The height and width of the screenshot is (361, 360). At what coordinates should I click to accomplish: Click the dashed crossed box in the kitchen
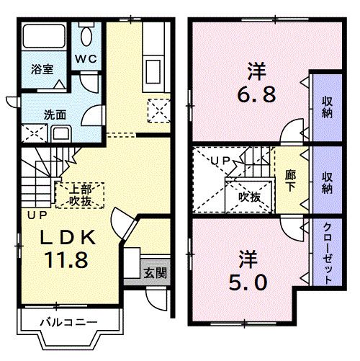[x=158, y=110]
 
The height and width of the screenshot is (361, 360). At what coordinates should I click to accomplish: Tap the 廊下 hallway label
[x=290, y=180]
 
